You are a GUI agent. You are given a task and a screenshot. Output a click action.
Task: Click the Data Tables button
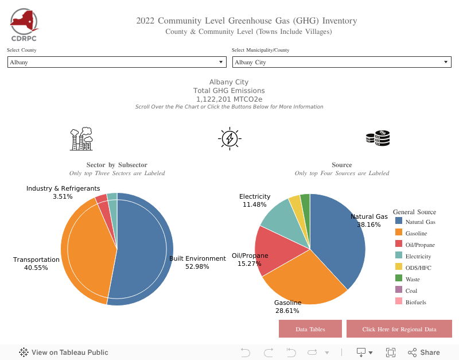(310, 329)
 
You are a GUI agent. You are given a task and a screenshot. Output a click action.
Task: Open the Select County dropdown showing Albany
(116, 62)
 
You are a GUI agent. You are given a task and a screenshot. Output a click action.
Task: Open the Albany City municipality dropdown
(341, 62)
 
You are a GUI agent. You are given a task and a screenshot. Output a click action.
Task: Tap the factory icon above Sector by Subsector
(81, 138)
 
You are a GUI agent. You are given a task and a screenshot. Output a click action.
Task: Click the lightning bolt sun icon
(229, 138)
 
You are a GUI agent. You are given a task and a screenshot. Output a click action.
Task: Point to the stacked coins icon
(378, 138)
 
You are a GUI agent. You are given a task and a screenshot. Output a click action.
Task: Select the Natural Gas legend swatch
(399, 222)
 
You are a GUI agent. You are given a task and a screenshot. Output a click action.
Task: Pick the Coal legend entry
(411, 291)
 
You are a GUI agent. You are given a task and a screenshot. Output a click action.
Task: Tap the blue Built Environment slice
(143, 247)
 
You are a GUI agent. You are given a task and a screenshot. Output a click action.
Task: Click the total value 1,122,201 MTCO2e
(229, 99)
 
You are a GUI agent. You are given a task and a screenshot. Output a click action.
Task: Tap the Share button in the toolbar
(424, 353)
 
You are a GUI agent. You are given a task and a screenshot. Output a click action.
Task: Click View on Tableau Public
(64, 353)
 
